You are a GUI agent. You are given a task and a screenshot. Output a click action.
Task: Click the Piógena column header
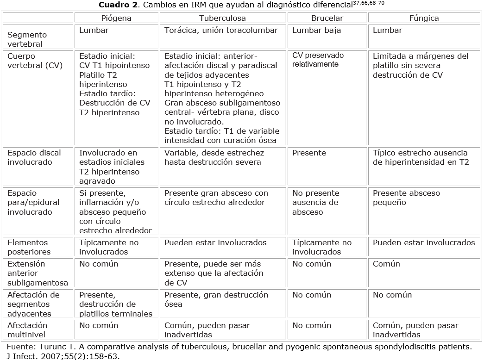[116, 18]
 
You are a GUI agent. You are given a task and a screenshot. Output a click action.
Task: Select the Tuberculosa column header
[222, 18]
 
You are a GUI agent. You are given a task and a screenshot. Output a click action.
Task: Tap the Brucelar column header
[327, 18]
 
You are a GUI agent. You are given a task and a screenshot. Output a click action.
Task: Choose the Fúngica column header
[424, 18]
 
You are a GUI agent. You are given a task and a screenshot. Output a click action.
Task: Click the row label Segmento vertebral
[27, 39]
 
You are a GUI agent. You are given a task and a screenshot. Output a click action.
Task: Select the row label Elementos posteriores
[27, 247]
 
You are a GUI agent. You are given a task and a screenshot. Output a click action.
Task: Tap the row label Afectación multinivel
[27, 330]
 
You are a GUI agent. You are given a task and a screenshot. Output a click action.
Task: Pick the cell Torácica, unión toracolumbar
[221, 30]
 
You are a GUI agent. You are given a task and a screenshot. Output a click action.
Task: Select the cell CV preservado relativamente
[318, 60]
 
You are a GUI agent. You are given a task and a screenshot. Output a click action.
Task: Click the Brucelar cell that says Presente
[309, 153]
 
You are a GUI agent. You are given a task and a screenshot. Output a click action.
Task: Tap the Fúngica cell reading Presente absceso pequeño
[406, 198]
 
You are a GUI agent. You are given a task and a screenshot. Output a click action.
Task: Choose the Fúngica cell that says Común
[386, 264]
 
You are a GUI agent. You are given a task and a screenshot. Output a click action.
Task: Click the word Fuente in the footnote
[19, 347]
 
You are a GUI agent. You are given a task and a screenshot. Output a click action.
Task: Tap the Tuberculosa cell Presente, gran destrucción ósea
[216, 299]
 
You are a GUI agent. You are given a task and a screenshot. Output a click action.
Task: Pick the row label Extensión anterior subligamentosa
[38, 273]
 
